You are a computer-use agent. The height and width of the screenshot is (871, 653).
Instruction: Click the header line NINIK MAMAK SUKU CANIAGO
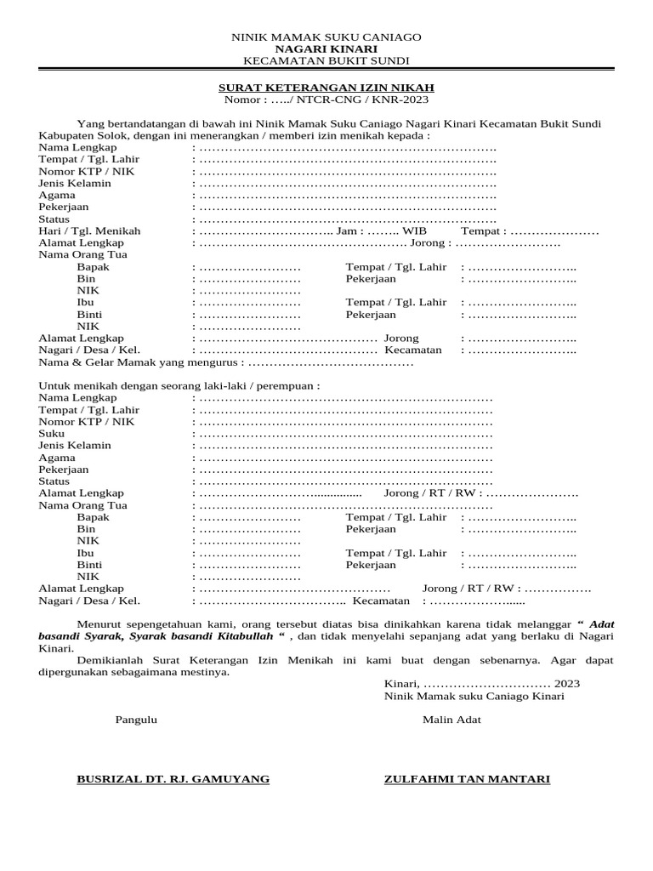326,37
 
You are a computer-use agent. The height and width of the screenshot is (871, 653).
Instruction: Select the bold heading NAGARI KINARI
326,49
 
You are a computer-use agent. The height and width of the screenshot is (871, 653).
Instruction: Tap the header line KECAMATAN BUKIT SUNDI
326,61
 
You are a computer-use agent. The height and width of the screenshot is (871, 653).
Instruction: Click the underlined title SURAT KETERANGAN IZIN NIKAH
326,88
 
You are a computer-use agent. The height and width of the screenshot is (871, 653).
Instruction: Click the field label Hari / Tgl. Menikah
90,231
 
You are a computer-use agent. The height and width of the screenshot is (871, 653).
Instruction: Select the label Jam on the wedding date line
348,231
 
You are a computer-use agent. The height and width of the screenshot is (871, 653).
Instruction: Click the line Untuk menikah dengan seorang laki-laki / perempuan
179,385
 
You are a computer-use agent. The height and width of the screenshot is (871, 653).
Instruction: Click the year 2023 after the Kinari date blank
567,683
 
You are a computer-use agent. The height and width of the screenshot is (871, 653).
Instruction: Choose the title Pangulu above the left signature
136,720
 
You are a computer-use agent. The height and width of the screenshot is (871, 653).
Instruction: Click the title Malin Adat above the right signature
451,720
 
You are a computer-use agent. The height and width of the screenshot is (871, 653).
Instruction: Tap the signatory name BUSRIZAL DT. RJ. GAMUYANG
173,778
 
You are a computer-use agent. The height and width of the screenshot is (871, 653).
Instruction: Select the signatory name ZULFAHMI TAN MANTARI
467,778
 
